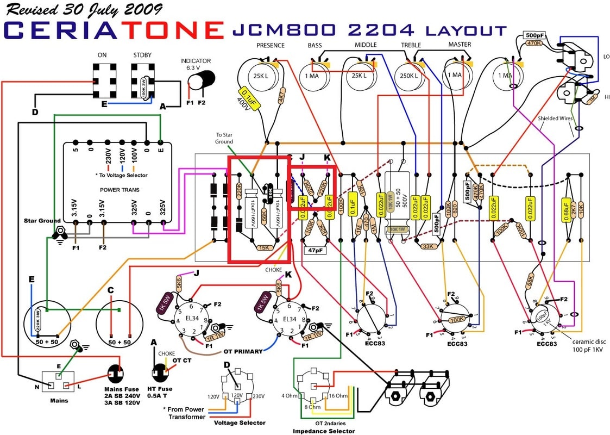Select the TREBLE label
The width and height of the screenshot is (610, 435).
(x=411, y=45)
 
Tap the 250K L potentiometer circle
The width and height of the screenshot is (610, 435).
(x=408, y=76)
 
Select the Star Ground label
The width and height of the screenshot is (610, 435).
(x=42, y=221)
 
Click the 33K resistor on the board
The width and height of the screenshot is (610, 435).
(x=427, y=246)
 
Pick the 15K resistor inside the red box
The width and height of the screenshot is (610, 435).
(x=264, y=247)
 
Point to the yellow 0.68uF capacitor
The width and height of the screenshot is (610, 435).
(x=565, y=215)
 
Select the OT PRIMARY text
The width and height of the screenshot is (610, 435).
(x=244, y=351)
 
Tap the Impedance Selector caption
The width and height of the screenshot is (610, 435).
(x=323, y=431)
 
